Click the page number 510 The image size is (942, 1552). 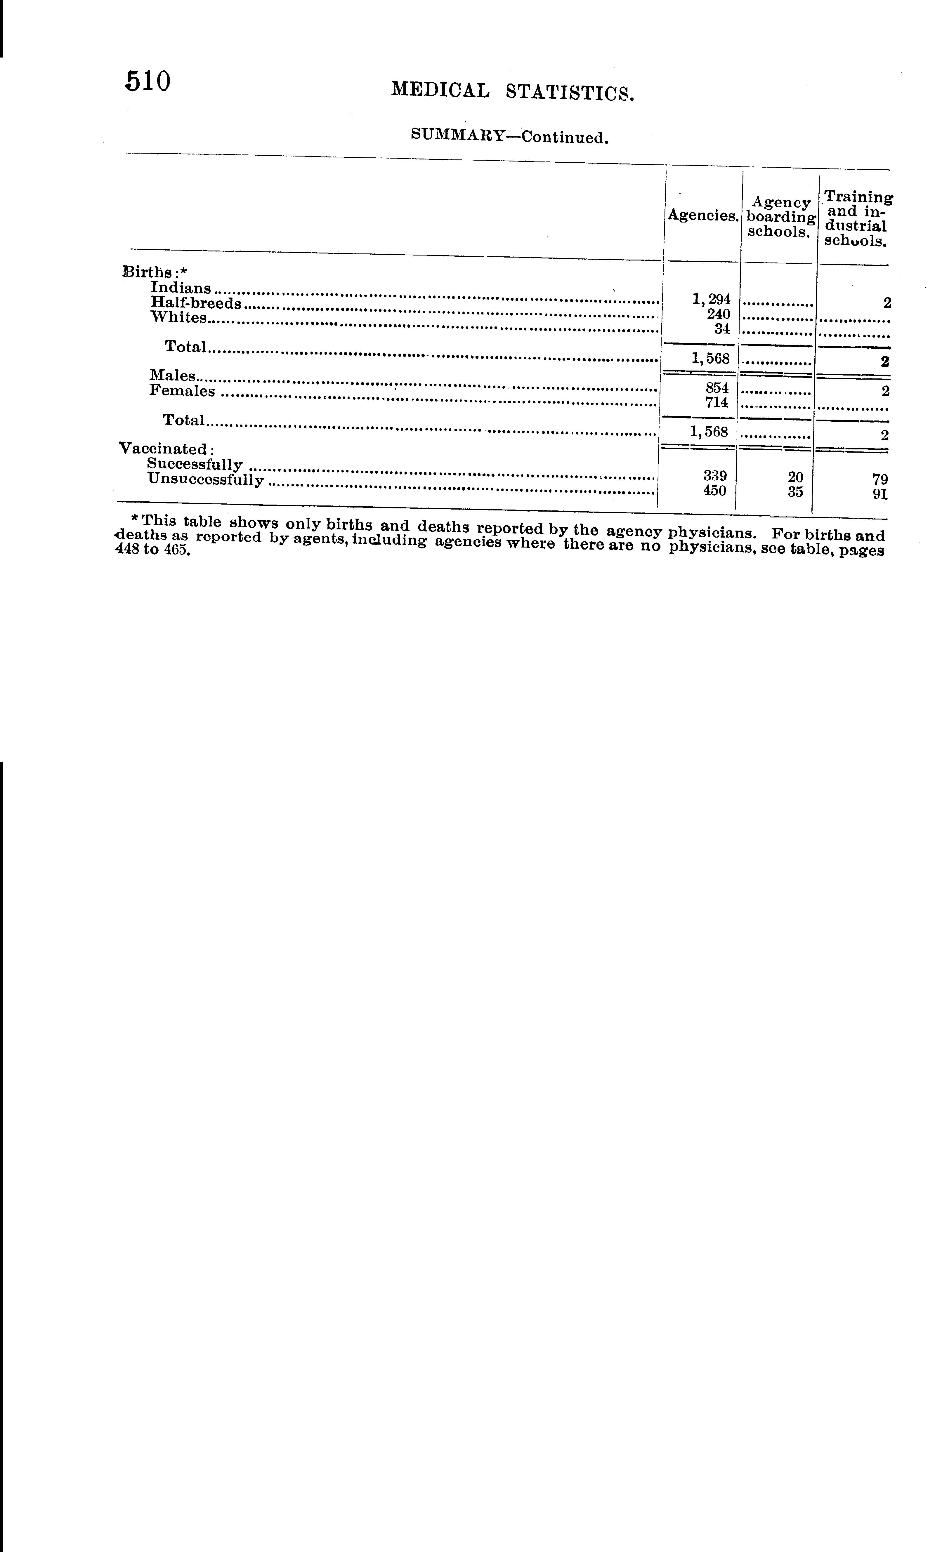pyautogui.click(x=148, y=82)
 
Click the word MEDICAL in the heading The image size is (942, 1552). pyautogui.click(x=440, y=90)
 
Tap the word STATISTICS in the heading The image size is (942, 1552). pyautogui.click(x=570, y=93)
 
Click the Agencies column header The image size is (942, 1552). pyautogui.click(x=702, y=215)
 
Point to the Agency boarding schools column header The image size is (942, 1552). pyautogui.click(x=781, y=217)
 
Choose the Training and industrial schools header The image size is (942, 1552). pyautogui.click(x=857, y=219)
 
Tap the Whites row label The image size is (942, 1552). pyautogui.click(x=179, y=317)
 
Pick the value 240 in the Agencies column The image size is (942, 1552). pyautogui.click(x=718, y=314)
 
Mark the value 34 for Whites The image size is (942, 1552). pyautogui.click(x=722, y=328)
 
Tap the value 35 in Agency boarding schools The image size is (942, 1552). pyautogui.click(x=795, y=492)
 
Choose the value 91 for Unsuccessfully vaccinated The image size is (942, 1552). pyautogui.click(x=880, y=494)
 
